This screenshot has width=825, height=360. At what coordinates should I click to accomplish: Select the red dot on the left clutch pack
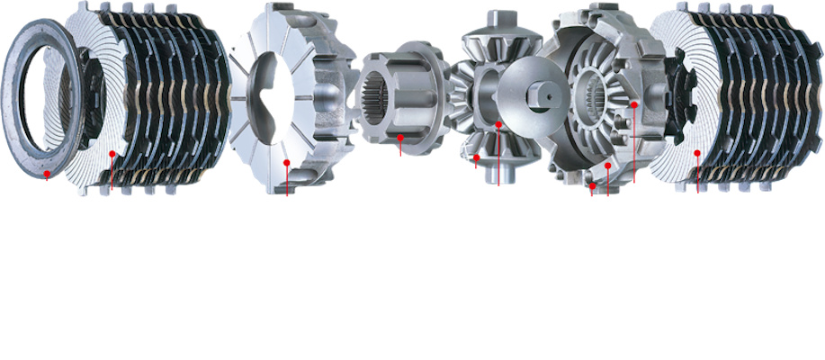112,154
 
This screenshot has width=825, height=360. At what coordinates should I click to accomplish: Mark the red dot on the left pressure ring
286,163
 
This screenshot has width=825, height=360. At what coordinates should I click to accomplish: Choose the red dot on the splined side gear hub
400,138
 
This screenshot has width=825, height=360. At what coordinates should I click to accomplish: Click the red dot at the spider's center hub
498,123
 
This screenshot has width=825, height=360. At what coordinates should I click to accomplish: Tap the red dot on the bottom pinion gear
476,157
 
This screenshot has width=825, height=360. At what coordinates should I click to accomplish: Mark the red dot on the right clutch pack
697,154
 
